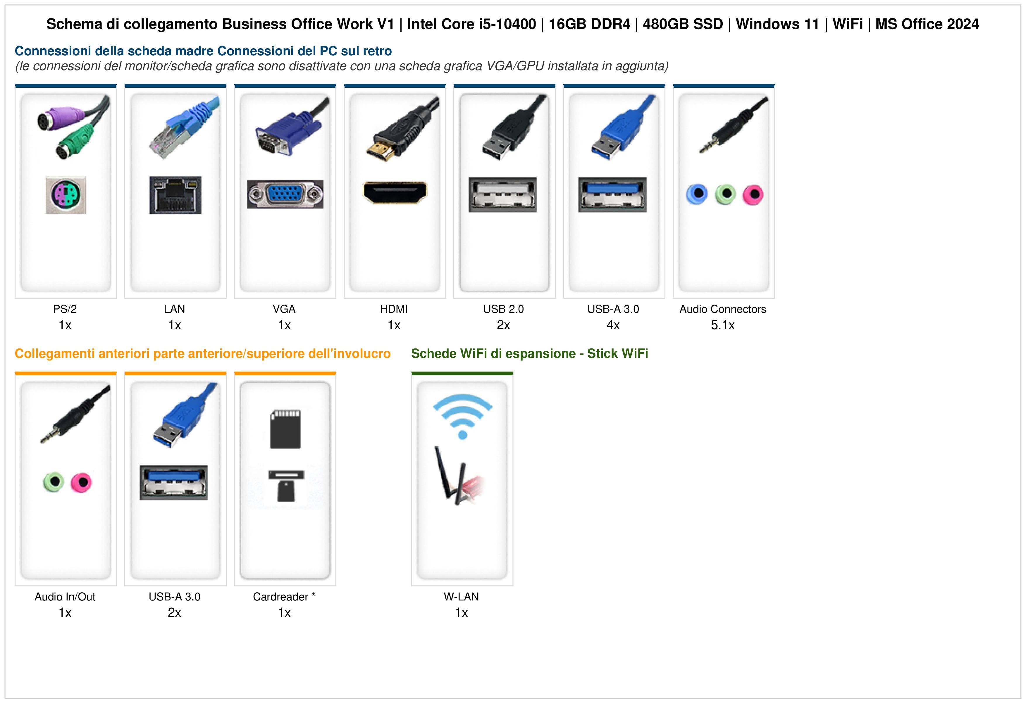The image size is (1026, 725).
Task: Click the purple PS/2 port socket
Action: coord(66,195)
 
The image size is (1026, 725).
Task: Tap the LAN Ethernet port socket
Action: coord(175,195)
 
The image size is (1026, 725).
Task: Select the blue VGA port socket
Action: coord(285,194)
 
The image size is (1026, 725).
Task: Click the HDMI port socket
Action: coord(395,192)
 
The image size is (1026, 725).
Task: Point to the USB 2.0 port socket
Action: coord(503,195)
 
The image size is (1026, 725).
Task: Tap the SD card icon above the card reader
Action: coord(285,429)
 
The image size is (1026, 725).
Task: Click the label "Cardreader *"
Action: coord(284,597)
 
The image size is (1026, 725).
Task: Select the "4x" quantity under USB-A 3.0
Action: coord(613,325)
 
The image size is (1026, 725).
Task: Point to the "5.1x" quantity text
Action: coord(723,325)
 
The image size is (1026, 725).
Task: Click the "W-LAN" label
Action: coord(461,597)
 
